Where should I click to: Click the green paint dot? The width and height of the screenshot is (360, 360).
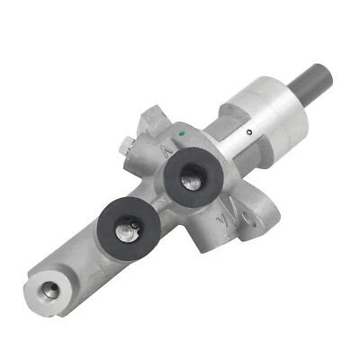click(182, 137)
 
